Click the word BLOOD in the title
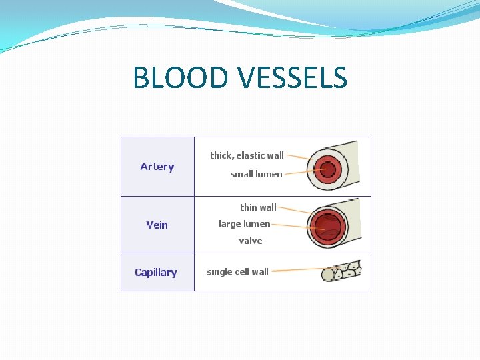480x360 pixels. pyautogui.click(x=175, y=78)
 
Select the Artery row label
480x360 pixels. pyautogui.click(x=157, y=167)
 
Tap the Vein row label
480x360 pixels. pyautogui.click(x=157, y=225)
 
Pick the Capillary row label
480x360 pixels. pyautogui.click(x=155, y=272)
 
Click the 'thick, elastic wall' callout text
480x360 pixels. pyautogui.click(x=247, y=155)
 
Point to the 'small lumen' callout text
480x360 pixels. pyautogui.click(x=256, y=174)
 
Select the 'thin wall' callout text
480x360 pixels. pyautogui.click(x=258, y=207)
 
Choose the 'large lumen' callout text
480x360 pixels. pyautogui.click(x=244, y=223)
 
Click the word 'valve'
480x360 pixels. pyautogui.click(x=250, y=241)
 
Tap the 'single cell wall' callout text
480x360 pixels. pyautogui.click(x=237, y=271)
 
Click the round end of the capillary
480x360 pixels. pyautogui.click(x=328, y=275)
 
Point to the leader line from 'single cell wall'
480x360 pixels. pyautogui.click(x=297, y=271)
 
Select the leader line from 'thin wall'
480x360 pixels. pyautogui.click(x=293, y=209)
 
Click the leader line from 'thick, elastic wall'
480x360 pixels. pyautogui.click(x=297, y=157)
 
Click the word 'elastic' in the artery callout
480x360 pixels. pyautogui.click(x=251, y=155)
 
